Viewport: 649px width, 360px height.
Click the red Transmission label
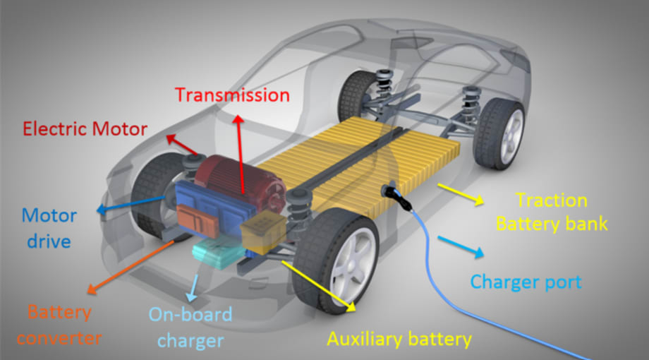coord(232,95)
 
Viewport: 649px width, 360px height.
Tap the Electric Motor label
coord(85,129)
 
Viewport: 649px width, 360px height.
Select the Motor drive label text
coord(49,227)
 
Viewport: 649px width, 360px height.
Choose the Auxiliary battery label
coord(399,339)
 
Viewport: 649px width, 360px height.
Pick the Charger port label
coord(526,282)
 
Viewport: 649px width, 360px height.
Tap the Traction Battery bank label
coord(552,212)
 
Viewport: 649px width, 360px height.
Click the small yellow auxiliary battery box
coord(262,234)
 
